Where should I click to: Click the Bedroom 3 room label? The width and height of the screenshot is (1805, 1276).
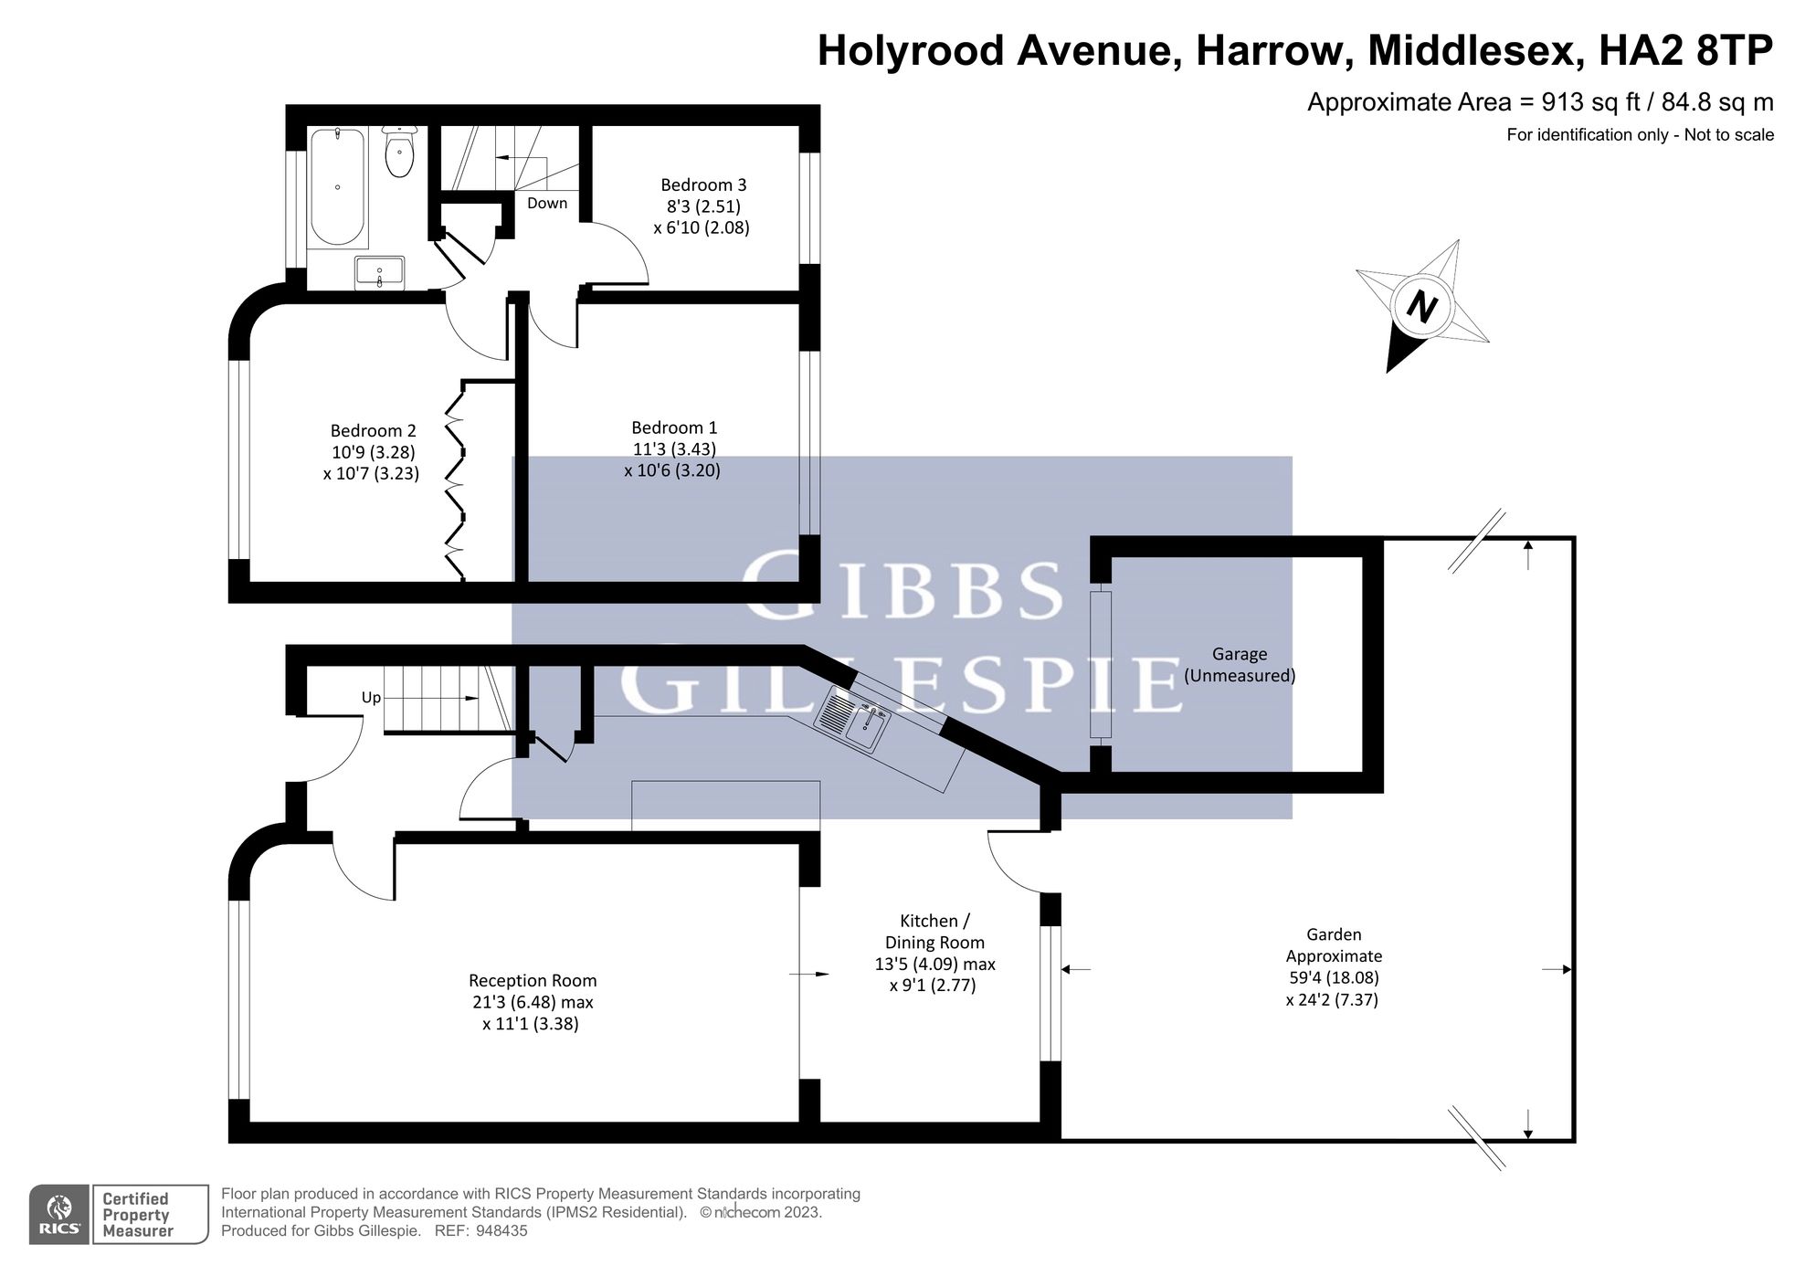tap(703, 185)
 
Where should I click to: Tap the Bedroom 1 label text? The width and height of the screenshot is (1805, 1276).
tap(674, 427)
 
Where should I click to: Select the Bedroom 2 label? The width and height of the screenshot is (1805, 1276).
tap(373, 430)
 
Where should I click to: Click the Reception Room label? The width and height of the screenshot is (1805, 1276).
tap(533, 980)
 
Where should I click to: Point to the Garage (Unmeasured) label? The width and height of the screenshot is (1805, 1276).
tap(1240, 665)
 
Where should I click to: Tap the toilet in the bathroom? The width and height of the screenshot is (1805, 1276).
tap(399, 151)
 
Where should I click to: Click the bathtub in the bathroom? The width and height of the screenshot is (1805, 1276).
tap(338, 187)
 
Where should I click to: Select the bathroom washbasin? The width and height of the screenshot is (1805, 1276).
tap(379, 272)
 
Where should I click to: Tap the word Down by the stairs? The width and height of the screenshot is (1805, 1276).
tap(547, 203)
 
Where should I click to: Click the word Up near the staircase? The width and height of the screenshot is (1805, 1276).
tap(371, 698)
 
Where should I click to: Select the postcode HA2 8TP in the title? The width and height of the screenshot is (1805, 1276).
tap(1685, 50)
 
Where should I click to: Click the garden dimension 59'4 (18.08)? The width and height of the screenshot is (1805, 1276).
tap(1333, 977)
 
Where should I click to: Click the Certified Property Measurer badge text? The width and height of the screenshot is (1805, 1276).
tap(136, 1215)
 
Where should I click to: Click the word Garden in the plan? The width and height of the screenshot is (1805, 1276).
tap(1334, 934)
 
